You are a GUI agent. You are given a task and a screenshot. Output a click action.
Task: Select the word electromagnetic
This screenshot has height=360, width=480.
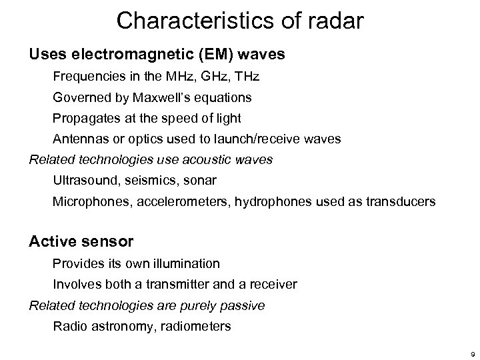click(119, 55)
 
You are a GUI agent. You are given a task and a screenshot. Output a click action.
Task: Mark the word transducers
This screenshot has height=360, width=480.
click(403, 201)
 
